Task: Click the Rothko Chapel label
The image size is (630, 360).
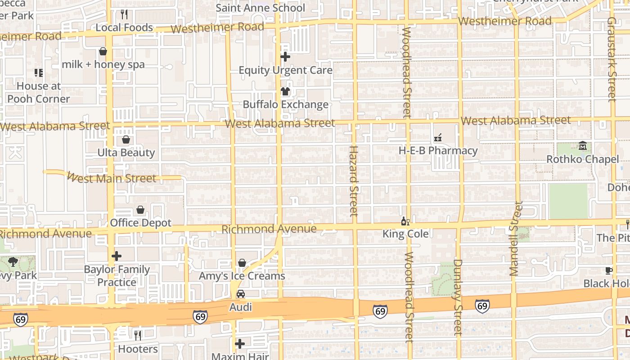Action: (582, 159)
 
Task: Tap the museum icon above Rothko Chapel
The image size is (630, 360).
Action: (583, 146)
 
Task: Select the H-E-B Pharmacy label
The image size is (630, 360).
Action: (438, 151)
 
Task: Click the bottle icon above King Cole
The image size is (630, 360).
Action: (405, 221)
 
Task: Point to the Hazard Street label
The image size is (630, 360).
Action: (354, 180)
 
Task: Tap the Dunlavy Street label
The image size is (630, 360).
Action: (458, 297)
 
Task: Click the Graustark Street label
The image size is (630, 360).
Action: (611, 58)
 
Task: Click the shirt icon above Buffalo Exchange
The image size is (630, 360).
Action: (285, 91)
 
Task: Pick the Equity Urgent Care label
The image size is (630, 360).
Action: (285, 70)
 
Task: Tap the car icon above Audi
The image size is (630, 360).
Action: (241, 294)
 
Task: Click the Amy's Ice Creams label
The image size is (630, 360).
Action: (242, 276)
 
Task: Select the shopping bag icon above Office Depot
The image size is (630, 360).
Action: (140, 210)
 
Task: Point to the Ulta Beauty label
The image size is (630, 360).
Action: (126, 153)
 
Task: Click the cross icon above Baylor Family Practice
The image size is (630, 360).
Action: (117, 256)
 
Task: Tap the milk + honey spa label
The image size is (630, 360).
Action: (103, 64)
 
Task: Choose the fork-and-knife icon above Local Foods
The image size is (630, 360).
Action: (125, 14)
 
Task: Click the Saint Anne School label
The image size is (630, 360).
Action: (260, 8)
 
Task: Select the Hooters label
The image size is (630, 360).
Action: (138, 349)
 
